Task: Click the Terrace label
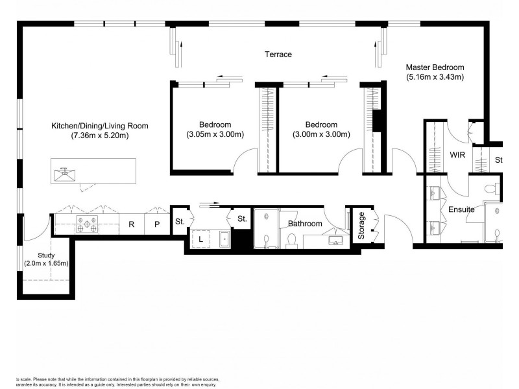point(278,54)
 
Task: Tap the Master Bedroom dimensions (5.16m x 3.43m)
point(435,77)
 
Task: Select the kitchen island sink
point(64,173)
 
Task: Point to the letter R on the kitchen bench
point(131,224)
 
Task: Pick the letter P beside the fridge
point(156,224)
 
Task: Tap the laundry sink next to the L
point(224,239)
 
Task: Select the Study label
point(46,255)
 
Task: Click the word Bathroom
point(305,224)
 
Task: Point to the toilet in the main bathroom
point(291,241)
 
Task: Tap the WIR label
point(458,155)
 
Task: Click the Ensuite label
point(461,209)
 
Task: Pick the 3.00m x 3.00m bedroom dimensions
point(321,135)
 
